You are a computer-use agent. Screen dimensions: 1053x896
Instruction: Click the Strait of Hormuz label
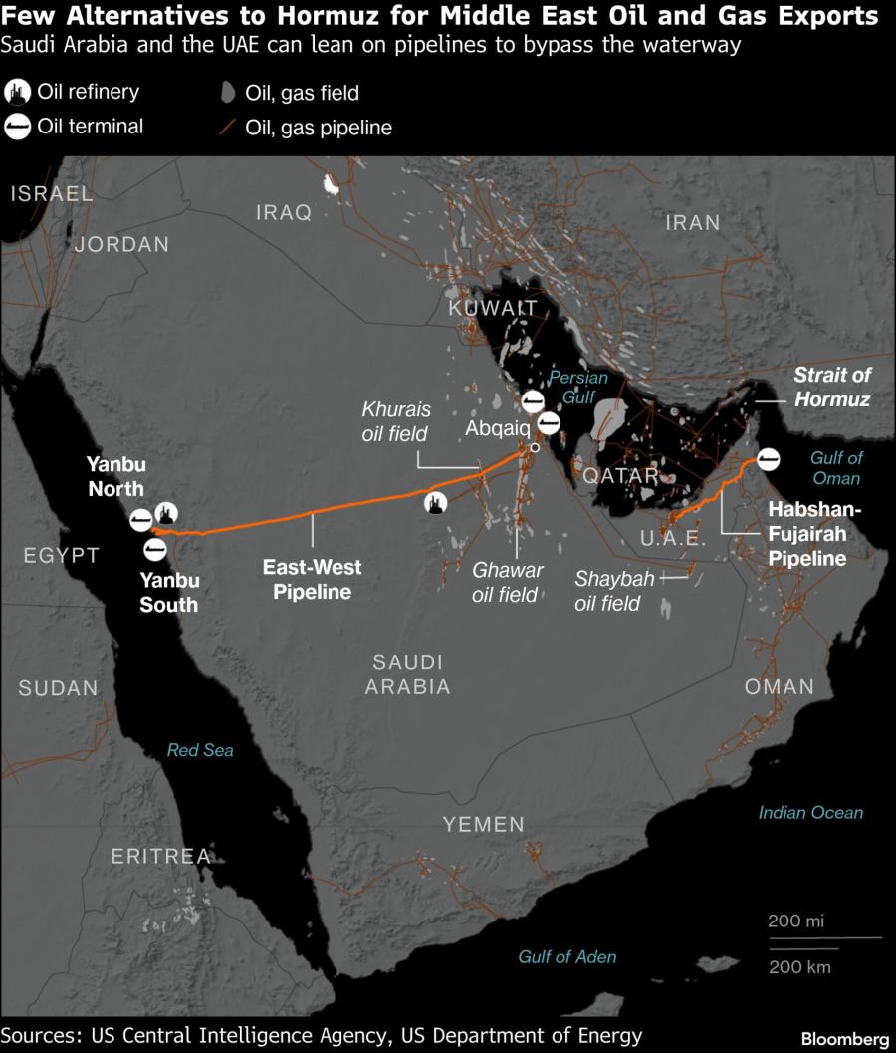[x=831, y=388]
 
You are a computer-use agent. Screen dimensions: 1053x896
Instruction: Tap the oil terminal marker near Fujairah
[x=768, y=459]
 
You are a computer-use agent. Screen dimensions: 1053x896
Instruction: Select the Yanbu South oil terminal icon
[x=154, y=550]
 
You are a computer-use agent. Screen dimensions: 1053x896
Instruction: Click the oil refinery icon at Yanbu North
[x=166, y=514]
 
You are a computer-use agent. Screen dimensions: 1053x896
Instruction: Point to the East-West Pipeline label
[x=312, y=579]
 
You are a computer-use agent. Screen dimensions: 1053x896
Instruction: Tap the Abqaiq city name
[x=497, y=428]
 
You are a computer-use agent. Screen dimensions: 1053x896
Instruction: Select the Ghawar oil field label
[x=508, y=582]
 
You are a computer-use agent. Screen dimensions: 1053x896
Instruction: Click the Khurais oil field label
[x=394, y=421]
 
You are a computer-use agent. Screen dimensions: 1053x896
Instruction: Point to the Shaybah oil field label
[x=607, y=591]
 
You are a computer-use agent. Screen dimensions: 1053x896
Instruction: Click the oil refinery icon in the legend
[x=18, y=93]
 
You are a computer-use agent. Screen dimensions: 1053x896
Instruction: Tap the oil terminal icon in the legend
[x=18, y=127]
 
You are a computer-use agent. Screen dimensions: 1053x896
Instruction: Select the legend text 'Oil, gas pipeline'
[x=319, y=128]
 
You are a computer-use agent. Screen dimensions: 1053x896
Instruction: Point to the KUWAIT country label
[x=492, y=309]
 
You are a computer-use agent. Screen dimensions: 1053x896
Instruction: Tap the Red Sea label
[x=200, y=750]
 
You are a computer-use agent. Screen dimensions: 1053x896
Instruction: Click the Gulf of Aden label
[x=567, y=956]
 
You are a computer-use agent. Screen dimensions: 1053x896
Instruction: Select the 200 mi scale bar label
[x=795, y=921]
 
